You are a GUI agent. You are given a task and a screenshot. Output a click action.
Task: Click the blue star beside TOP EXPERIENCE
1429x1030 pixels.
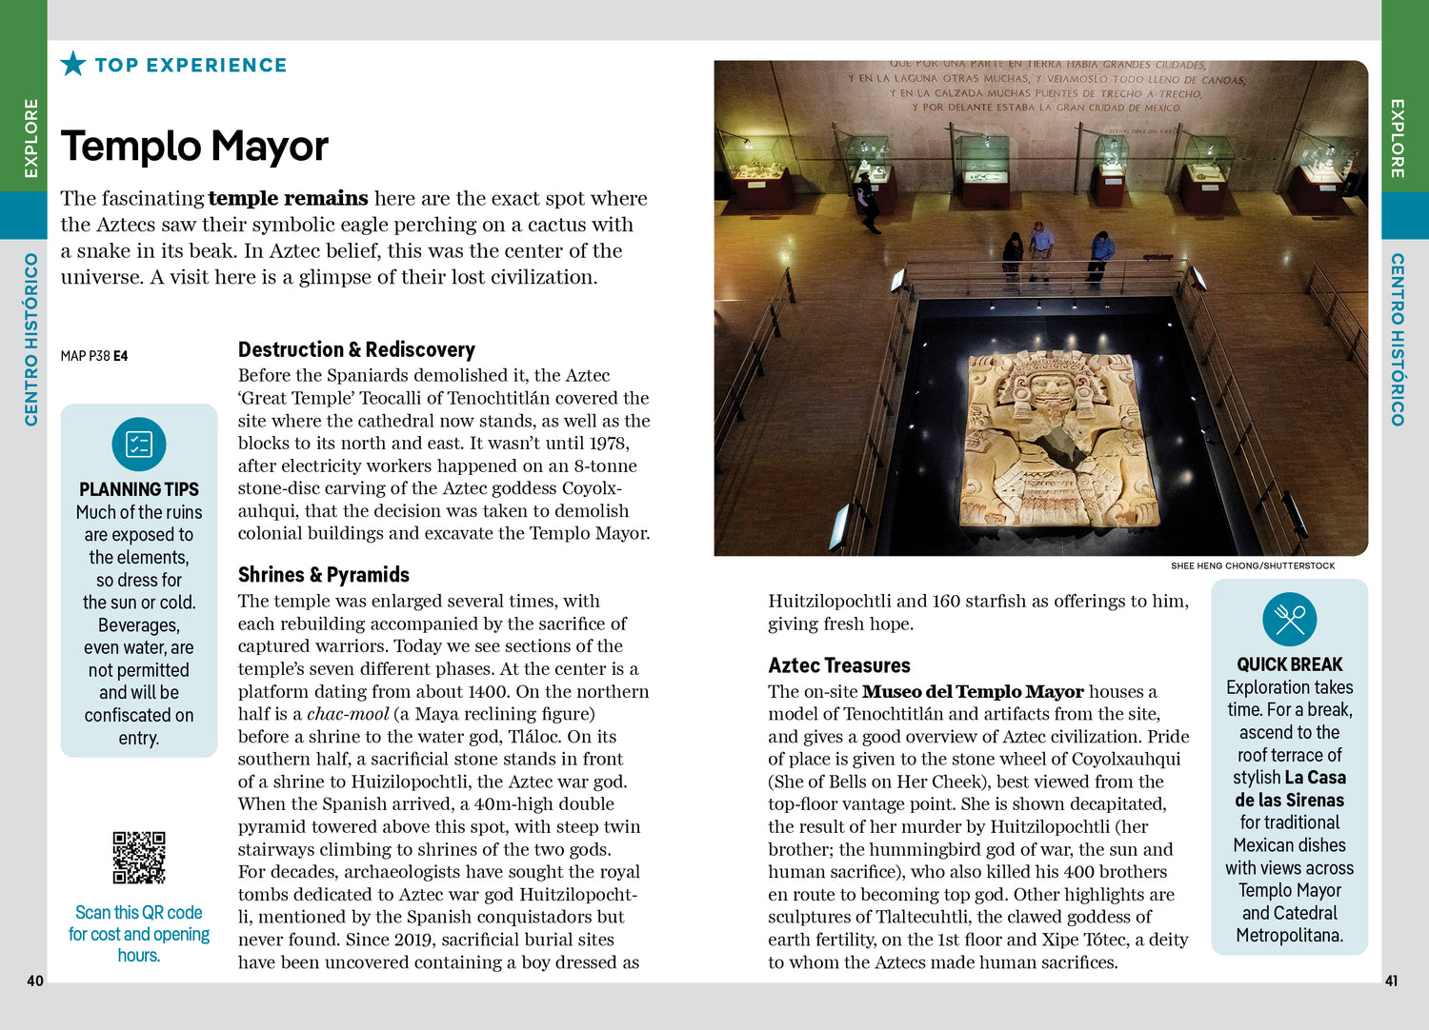coord(73,64)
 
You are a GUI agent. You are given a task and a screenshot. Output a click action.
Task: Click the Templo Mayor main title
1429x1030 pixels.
coord(194,147)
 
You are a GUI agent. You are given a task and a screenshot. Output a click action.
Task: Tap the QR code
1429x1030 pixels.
coord(139,858)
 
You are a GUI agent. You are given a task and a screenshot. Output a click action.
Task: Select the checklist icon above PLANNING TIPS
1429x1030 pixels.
coord(139,445)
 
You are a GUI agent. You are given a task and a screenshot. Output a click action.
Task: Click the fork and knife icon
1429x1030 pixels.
coord(1289,620)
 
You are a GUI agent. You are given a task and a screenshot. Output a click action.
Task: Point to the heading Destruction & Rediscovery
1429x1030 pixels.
coord(356,349)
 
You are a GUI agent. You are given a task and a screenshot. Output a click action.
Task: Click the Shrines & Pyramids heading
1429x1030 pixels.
coord(324,575)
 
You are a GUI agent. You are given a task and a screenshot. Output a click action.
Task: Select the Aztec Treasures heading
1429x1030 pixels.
coord(839,665)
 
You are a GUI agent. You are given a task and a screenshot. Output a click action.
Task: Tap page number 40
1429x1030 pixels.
coord(35,980)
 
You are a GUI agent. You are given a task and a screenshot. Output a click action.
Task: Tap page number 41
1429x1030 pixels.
coord(1391,980)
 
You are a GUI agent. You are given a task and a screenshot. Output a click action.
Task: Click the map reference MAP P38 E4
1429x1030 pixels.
coord(94,356)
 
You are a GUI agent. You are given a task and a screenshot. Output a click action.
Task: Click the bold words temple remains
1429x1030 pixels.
coord(288,198)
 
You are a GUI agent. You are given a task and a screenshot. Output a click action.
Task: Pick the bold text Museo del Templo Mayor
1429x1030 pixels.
coord(973,692)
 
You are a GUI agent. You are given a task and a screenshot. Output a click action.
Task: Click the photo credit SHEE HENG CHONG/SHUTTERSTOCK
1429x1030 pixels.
coord(1253,565)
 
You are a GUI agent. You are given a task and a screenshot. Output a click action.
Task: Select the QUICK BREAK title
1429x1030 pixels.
coord(1289,664)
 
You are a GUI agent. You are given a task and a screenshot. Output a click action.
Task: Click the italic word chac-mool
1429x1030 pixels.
coord(348,714)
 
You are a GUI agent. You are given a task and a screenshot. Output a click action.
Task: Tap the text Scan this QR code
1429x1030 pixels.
coord(139,912)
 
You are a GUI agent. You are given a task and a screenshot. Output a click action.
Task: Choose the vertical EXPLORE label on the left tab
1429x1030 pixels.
coord(31,138)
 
